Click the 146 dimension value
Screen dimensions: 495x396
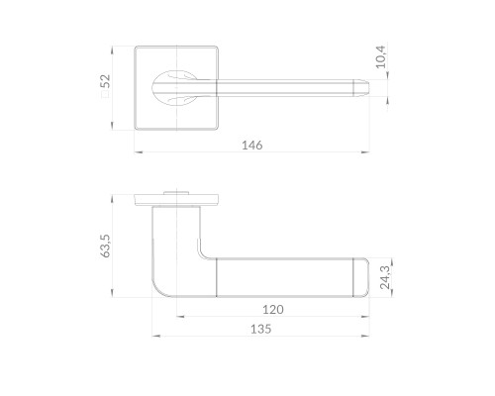[252, 146]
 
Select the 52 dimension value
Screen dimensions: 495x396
[105, 81]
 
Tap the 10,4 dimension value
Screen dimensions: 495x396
[380, 57]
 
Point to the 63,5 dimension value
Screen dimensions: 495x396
[106, 246]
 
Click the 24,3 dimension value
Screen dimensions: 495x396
[385, 277]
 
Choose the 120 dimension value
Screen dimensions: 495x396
[273, 310]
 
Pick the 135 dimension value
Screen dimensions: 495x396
[260, 329]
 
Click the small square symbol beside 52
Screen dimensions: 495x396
[105, 94]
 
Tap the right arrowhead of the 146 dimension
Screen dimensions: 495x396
[365, 152]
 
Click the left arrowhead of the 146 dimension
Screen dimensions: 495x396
[139, 152]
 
